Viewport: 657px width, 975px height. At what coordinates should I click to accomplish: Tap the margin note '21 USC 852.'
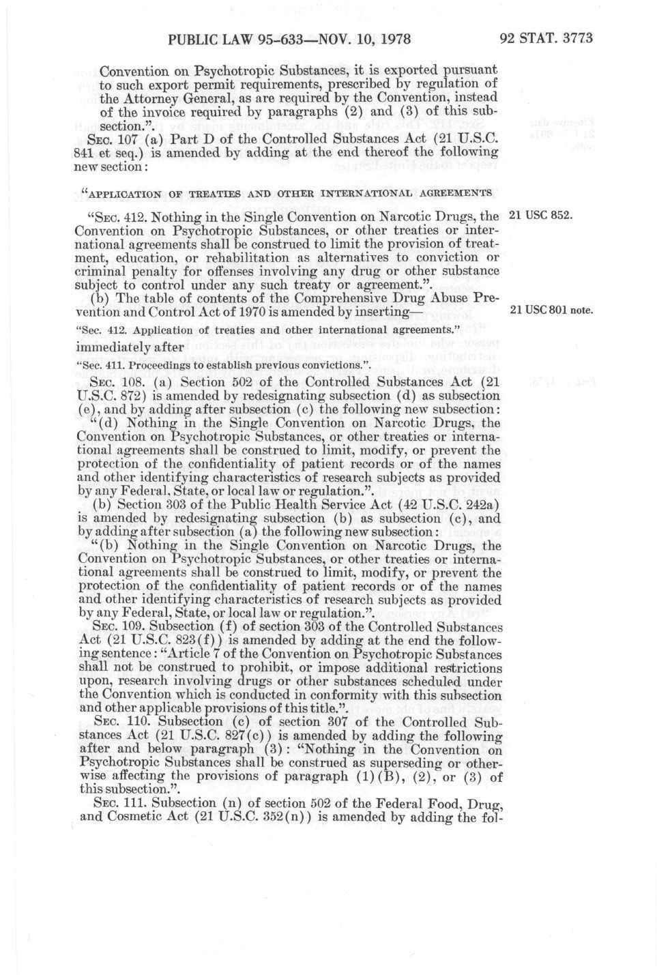click(x=540, y=217)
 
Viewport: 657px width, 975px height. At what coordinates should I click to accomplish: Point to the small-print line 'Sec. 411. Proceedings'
click(x=136, y=364)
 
